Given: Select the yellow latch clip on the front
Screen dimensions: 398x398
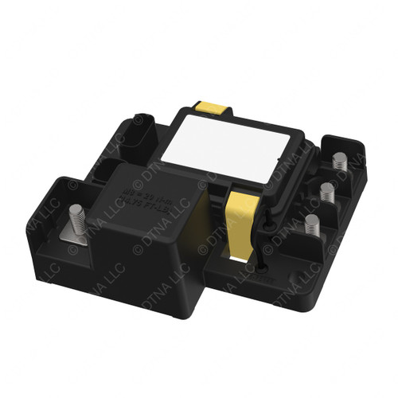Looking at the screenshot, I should click(238, 214).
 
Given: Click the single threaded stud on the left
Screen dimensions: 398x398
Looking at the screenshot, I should click(78, 217).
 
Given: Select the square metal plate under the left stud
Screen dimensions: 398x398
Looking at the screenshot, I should click(80, 234).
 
